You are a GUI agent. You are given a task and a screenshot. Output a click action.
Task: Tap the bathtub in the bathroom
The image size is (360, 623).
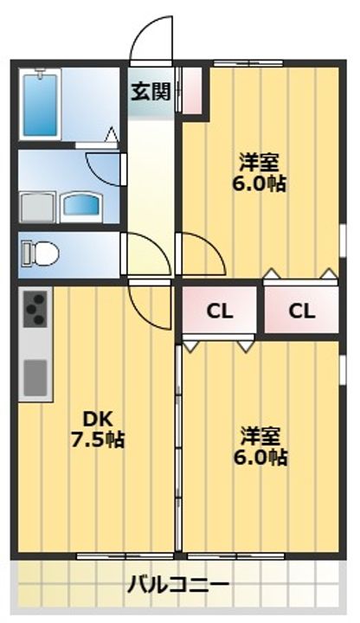click(x=41, y=104)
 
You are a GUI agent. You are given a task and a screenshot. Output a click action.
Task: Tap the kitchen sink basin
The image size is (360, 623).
click(x=35, y=376)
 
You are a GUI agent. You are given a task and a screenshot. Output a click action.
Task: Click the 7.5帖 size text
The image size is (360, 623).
click(x=96, y=440)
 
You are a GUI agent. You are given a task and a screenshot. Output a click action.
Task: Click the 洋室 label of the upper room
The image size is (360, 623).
click(x=259, y=162)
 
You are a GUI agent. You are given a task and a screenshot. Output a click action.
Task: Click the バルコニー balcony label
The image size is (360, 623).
click(x=178, y=585)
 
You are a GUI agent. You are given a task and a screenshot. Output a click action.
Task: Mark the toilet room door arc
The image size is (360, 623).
click(x=143, y=254)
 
